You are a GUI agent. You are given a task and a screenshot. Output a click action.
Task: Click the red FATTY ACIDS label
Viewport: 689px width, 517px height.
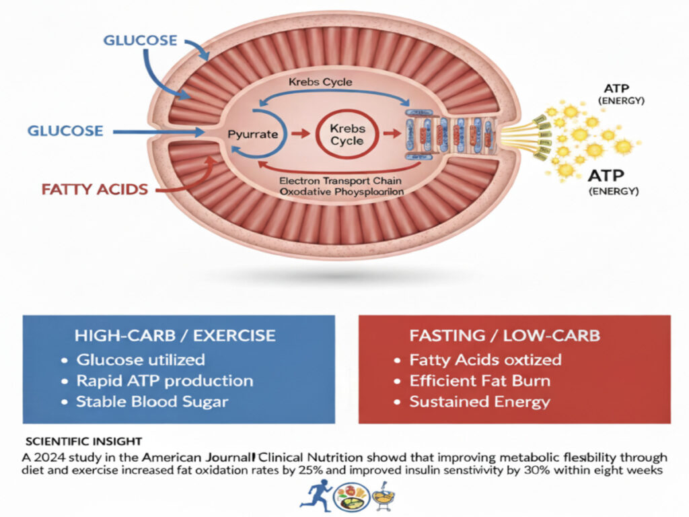click(x=95, y=189)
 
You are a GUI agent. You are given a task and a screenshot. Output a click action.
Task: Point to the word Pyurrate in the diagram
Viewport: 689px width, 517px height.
click(x=252, y=134)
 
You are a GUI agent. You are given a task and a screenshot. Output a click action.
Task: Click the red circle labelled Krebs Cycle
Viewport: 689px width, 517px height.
click(x=347, y=134)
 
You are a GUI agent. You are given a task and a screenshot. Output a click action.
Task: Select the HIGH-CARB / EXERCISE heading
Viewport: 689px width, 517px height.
click(x=177, y=335)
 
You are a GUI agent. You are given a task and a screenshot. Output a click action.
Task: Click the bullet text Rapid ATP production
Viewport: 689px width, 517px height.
click(x=165, y=380)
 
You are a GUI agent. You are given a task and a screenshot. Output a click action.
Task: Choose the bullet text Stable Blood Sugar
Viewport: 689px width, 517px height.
click(x=152, y=403)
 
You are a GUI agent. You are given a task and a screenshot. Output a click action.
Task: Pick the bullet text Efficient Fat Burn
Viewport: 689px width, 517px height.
click(x=480, y=380)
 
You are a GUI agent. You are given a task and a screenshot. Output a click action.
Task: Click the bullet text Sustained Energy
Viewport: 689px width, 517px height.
click(x=480, y=403)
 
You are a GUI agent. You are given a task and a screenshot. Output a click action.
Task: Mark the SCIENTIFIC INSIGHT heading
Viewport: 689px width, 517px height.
click(x=83, y=442)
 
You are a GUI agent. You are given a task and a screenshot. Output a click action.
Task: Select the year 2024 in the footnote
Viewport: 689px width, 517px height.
click(x=49, y=456)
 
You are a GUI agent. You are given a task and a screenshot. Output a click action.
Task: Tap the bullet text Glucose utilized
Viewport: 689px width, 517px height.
click(x=141, y=359)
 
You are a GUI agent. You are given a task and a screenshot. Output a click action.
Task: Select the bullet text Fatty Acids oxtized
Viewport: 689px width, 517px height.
click(x=485, y=359)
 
